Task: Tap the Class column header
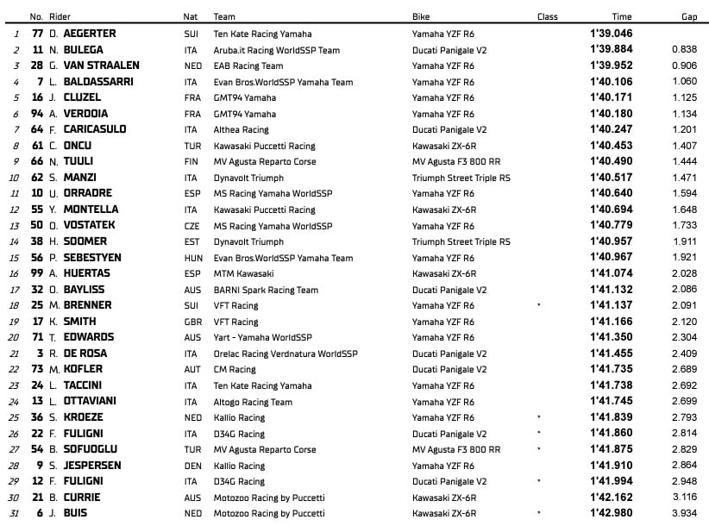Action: point(547,16)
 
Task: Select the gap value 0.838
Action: point(685,49)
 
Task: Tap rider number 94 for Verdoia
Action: point(37,113)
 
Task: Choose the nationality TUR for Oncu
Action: point(192,145)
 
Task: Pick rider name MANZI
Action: point(78,177)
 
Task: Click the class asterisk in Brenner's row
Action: point(538,305)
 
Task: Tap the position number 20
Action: point(13,337)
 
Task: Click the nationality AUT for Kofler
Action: point(192,369)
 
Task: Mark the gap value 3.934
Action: point(685,513)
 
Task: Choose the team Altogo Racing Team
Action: point(253,401)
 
